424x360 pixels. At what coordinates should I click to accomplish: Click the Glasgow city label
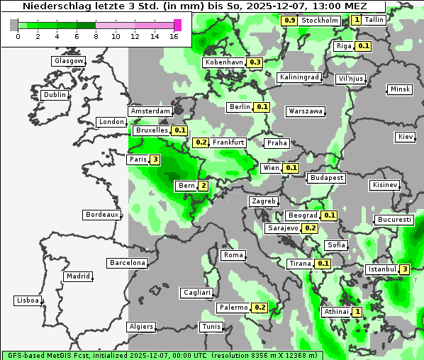(69, 61)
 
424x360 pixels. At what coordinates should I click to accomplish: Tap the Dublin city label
(55, 95)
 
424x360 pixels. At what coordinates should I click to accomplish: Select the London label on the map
(111, 122)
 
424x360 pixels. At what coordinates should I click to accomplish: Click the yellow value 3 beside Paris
(155, 159)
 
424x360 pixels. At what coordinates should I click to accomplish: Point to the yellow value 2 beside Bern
(203, 186)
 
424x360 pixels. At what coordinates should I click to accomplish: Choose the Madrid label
(77, 276)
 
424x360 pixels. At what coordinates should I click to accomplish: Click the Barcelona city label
(128, 263)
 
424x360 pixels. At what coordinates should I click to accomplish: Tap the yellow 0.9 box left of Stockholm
(289, 21)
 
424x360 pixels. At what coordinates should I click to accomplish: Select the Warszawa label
(306, 111)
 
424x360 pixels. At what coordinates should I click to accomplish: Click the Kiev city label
(406, 136)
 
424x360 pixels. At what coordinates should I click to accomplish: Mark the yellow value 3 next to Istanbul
(404, 269)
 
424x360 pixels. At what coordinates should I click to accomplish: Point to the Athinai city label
(336, 312)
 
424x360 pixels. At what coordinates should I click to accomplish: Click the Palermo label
(233, 308)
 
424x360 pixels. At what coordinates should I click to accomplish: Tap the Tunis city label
(211, 327)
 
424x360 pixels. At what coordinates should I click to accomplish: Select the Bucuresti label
(395, 220)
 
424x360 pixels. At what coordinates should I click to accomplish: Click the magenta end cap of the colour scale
(177, 25)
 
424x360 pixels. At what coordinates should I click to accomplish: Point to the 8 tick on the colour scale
(96, 36)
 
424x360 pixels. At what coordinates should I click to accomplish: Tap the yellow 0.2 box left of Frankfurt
(201, 142)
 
